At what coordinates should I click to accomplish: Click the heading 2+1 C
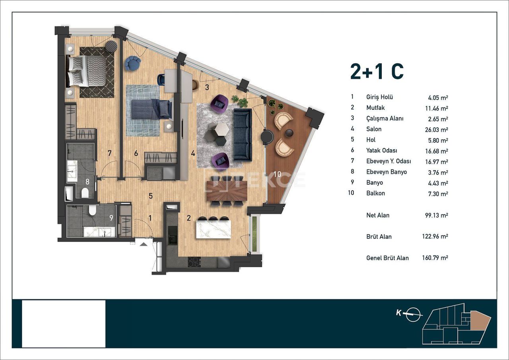[x=377, y=72]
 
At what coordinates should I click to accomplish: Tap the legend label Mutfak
[x=375, y=108]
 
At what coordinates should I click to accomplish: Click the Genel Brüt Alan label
[x=387, y=258]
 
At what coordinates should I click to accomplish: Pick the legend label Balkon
[x=375, y=193]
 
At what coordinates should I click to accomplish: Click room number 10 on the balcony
[x=277, y=174]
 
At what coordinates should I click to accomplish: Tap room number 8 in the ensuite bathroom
[x=87, y=181]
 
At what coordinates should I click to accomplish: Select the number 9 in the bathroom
[x=111, y=218]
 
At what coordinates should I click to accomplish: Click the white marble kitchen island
[x=213, y=230]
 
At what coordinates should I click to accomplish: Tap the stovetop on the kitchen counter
[x=194, y=262]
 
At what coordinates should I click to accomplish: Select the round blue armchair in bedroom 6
[x=132, y=63]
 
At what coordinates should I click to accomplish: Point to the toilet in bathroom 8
[x=85, y=193]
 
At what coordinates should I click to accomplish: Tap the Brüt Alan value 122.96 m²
[x=435, y=237]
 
